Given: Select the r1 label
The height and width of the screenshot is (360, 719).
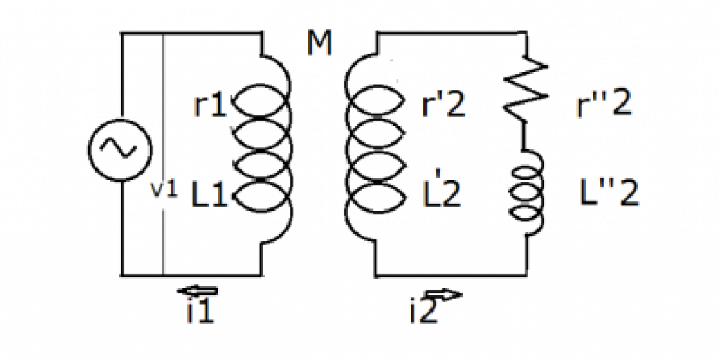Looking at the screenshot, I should coord(210,107).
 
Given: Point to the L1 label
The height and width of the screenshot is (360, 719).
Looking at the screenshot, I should coord(211,195).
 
